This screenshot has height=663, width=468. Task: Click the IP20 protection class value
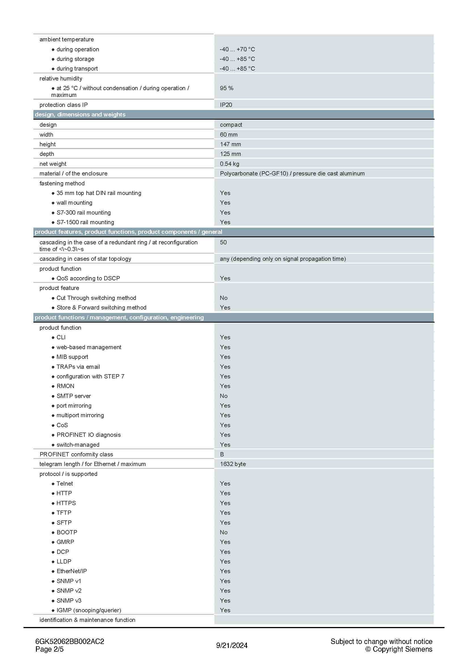(x=226, y=105)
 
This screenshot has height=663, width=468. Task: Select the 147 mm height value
(x=230, y=144)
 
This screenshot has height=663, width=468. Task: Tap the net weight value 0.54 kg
(x=229, y=164)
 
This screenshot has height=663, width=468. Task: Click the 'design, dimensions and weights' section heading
(x=80, y=115)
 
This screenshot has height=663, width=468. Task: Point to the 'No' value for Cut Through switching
(x=223, y=298)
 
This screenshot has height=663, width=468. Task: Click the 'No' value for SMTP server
(x=223, y=396)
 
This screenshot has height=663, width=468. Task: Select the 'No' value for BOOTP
(x=223, y=532)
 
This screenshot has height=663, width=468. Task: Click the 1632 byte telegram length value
(x=233, y=464)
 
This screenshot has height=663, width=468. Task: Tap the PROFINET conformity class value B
(x=222, y=454)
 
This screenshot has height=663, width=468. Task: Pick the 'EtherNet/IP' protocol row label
(x=72, y=571)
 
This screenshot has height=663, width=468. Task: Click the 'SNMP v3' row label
(x=69, y=601)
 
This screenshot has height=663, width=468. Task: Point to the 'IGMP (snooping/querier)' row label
(x=89, y=610)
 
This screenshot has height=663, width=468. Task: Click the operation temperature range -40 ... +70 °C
(x=237, y=49)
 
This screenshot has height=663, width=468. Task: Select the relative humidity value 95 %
(x=226, y=88)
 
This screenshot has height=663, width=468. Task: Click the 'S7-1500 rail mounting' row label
(x=85, y=222)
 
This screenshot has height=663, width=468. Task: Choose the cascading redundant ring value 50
(x=223, y=242)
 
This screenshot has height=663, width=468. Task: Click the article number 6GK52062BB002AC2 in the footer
(x=69, y=641)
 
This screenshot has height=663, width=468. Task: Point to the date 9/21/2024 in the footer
(x=232, y=645)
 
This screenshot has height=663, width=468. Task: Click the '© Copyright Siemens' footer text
(x=399, y=649)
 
